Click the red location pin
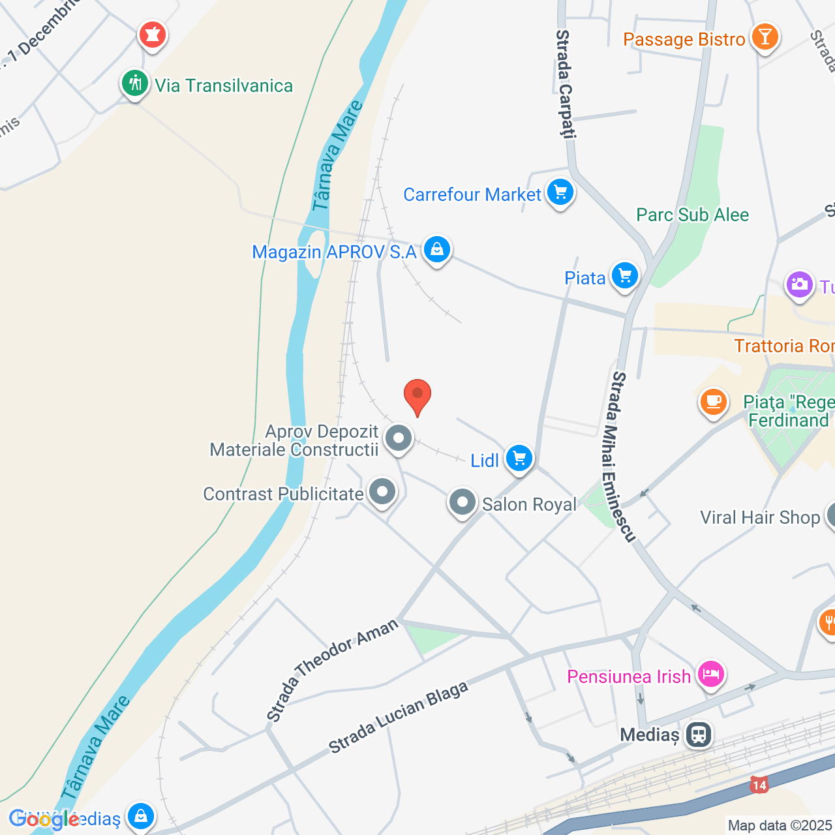tap(417, 395)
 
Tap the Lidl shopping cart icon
tap(519, 458)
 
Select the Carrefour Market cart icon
tap(560, 193)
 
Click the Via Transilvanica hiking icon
tap(135, 84)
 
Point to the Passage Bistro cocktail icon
tap(765, 37)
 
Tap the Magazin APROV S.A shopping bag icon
tap(437, 250)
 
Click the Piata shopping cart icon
tap(625, 277)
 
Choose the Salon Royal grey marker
tap(463, 503)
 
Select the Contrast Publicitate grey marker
tap(382, 492)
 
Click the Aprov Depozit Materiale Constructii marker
tap(399, 438)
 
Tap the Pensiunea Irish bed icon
tap(711, 674)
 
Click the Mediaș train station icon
tap(699, 735)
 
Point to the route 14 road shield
tap(759, 785)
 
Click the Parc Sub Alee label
tap(692, 215)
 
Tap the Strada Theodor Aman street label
tap(332, 670)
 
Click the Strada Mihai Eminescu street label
tap(622, 457)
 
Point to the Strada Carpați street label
tap(565, 83)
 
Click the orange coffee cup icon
tap(714, 401)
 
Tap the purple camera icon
tap(799, 285)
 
